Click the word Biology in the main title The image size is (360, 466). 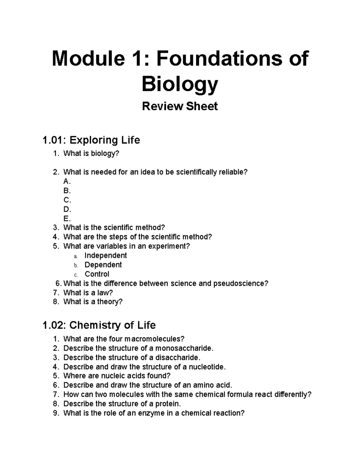coord(180,84)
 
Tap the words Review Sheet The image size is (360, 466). coord(180,106)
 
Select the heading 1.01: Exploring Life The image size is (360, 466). coord(91,140)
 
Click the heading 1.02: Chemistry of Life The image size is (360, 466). coord(99,325)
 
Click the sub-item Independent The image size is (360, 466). coord(106,256)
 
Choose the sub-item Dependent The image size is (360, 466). coord(103,265)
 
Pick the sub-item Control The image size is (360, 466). coord(97,274)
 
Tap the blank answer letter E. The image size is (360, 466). coord(67,218)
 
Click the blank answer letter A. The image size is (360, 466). coord(67,181)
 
